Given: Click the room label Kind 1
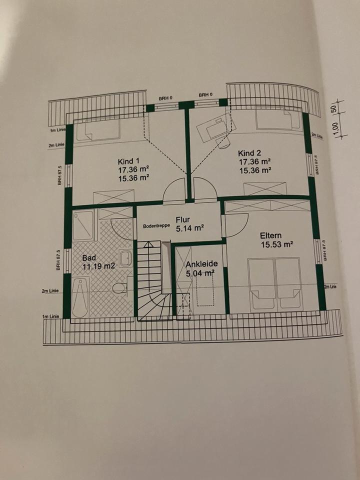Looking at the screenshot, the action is coord(128,161).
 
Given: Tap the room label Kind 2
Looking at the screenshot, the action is coord(249,153).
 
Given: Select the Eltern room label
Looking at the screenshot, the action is coord(270,235).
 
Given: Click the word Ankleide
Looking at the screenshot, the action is coord(201,264).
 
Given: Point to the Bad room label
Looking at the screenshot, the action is coord(89,258).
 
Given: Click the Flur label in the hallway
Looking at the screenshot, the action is coord(183,219).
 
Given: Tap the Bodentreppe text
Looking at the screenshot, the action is coord(156,226).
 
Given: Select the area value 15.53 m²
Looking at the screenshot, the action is coord(277,244).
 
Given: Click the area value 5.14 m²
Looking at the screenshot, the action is coord(190,228).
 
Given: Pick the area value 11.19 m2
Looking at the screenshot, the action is coord(98,266).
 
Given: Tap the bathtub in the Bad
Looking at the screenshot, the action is coord(80,297).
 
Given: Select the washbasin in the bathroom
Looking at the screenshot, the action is coord(125,258).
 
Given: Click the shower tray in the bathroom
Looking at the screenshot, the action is coord(83,225).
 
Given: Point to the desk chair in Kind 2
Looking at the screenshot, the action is coord(222,142).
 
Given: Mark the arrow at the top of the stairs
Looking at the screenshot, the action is coord(148,244).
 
